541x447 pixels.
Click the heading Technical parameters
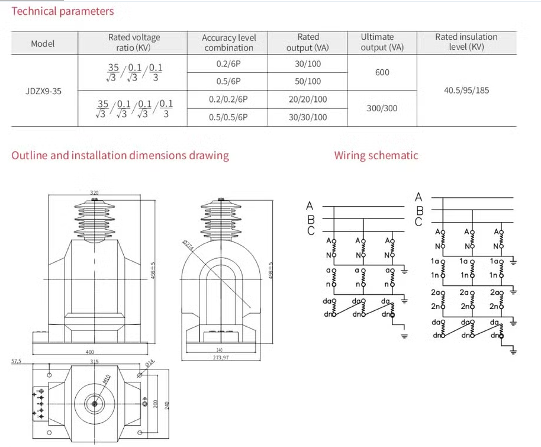click(63, 11)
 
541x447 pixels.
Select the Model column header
click(43, 43)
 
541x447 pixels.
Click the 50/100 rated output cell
click(308, 81)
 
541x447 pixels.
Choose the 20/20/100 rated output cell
click(308, 99)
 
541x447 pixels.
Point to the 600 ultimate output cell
click(382, 72)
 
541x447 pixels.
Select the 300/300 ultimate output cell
click(382, 108)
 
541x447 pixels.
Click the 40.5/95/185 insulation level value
click(466, 91)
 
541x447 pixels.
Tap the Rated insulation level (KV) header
click(466, 42)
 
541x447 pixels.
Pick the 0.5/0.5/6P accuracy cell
click(228, 117)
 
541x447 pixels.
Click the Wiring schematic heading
click(376, 156)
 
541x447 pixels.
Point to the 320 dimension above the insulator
click(94, 192)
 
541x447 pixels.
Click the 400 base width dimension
click(91, 352)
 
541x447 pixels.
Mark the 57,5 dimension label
click(16, 361)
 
